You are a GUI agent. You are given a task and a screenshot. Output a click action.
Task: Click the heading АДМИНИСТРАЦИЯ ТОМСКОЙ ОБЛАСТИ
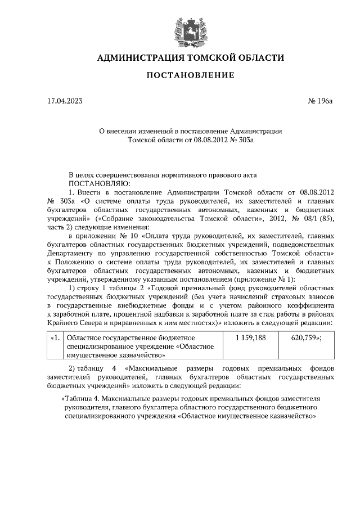point(191,58)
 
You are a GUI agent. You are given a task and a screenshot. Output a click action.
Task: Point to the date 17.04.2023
point(65,102)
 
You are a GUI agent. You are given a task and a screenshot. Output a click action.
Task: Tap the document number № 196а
point(321,102)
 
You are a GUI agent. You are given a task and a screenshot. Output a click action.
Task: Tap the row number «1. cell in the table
point(55,338)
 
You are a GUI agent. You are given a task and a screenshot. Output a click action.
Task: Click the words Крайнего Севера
point(76,323)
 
